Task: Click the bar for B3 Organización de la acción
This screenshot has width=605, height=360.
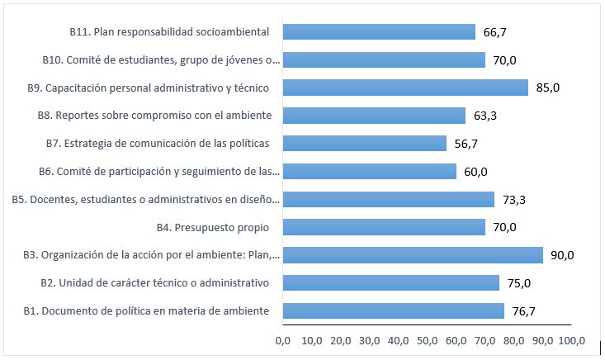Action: coord(413,255)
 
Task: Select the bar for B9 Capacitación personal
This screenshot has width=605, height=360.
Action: coord(405,88)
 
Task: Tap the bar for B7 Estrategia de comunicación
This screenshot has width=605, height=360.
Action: coord(364,144)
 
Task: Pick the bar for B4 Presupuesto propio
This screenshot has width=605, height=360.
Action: coord(384,227)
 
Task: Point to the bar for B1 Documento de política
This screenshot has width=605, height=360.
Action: coord(393,310)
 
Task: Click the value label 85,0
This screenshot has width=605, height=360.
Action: coord(548,88)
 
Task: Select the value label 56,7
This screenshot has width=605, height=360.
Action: coord(467,144)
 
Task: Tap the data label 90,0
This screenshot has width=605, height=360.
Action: coord(563,255)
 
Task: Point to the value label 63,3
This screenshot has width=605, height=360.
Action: coord(485,116)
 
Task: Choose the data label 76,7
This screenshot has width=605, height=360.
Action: coord(525,310)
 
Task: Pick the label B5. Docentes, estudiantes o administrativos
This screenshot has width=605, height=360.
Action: coord(146,199)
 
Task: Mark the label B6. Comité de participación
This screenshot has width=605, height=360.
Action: coord(159,172)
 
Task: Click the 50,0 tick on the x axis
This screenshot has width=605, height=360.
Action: coord(428,340)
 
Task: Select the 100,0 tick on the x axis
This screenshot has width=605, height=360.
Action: coord(571,340)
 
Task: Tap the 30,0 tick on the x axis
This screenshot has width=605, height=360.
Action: coord(369,340)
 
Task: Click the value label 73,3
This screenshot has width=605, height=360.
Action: coord(514,199)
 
